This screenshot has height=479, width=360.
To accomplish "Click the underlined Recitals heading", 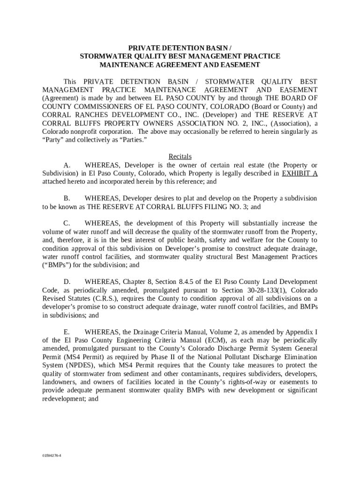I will click(x=180, y=157).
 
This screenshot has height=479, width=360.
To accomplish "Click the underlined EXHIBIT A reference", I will click(x=300, y=173).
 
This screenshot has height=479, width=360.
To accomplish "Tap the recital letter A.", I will click(x=67, y=165).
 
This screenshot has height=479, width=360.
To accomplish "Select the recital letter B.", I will click(x=67, y=198).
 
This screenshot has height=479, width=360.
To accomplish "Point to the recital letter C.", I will click(x=67, y=223).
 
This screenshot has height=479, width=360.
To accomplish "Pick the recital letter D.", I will click(x=67, y=282).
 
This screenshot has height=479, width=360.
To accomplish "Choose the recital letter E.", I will click(x=67, y=332).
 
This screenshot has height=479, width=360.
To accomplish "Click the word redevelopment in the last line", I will click(x=63, y=399).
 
